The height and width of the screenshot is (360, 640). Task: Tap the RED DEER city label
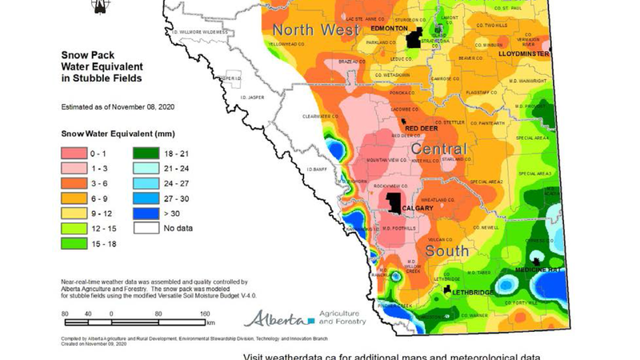(421, 128)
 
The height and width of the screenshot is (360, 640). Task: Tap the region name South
(448, 251)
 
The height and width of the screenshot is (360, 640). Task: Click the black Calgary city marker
(394, 202)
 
